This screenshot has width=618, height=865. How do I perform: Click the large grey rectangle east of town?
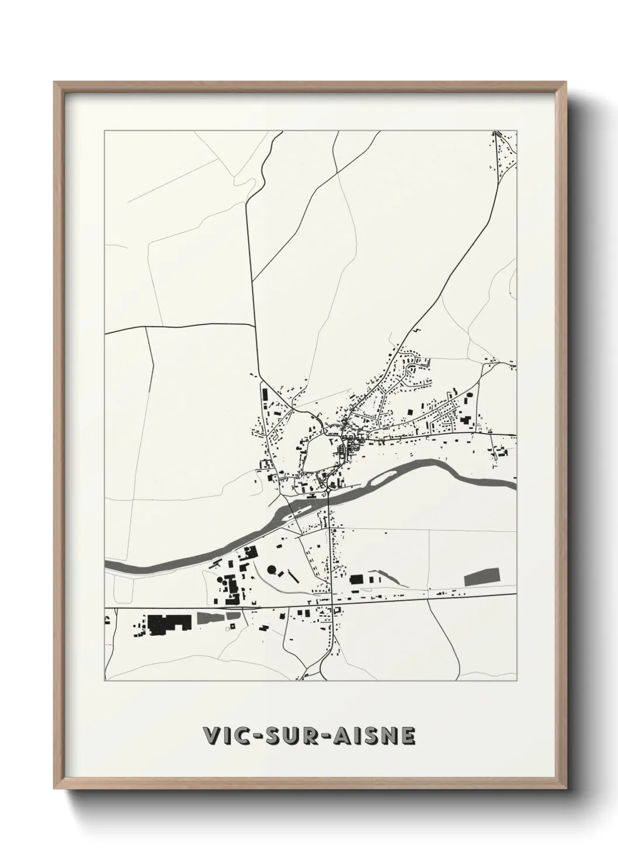point(482,577)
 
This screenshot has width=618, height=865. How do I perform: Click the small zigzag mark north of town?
point(417,331)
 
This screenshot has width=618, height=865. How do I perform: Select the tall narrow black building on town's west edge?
point(264,395)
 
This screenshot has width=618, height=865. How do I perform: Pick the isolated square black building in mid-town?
point(409,413)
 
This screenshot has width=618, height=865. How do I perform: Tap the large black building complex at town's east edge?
point(466,420)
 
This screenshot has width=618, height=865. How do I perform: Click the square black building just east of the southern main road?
point(356,579)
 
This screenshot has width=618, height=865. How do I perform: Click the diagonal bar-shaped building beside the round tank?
point(293,576)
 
